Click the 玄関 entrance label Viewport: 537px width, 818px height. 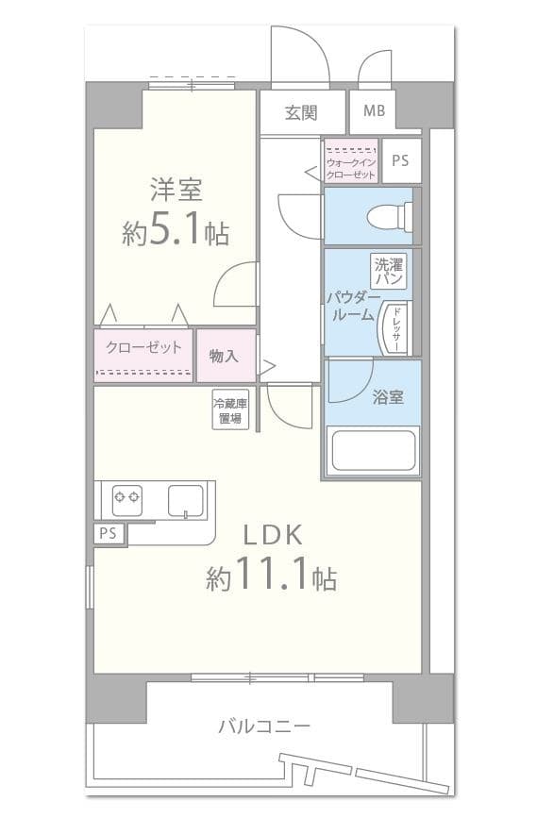tap(302, 112)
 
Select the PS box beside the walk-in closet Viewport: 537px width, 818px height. tap(401, 160)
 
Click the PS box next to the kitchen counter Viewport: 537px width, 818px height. tap(109, 533)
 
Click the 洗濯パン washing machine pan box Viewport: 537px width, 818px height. tap(389, 272)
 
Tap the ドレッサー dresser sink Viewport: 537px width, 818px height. tap(394, 330)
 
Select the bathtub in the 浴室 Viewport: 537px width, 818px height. tap(372, 451)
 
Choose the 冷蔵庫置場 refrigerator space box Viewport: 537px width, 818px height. tap(229, 409)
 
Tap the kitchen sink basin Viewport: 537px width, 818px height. tap(186, 499)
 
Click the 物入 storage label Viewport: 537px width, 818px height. tap(225, 355)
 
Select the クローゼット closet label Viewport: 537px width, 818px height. tap(143, 347)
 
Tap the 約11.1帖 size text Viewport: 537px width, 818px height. tap(272, 576)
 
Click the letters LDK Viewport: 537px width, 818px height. tap(273, 535)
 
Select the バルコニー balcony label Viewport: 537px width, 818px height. tap(263, 726)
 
